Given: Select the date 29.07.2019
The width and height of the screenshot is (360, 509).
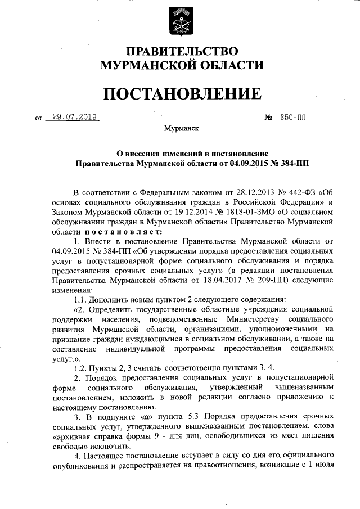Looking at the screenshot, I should (x=74, y=118).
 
